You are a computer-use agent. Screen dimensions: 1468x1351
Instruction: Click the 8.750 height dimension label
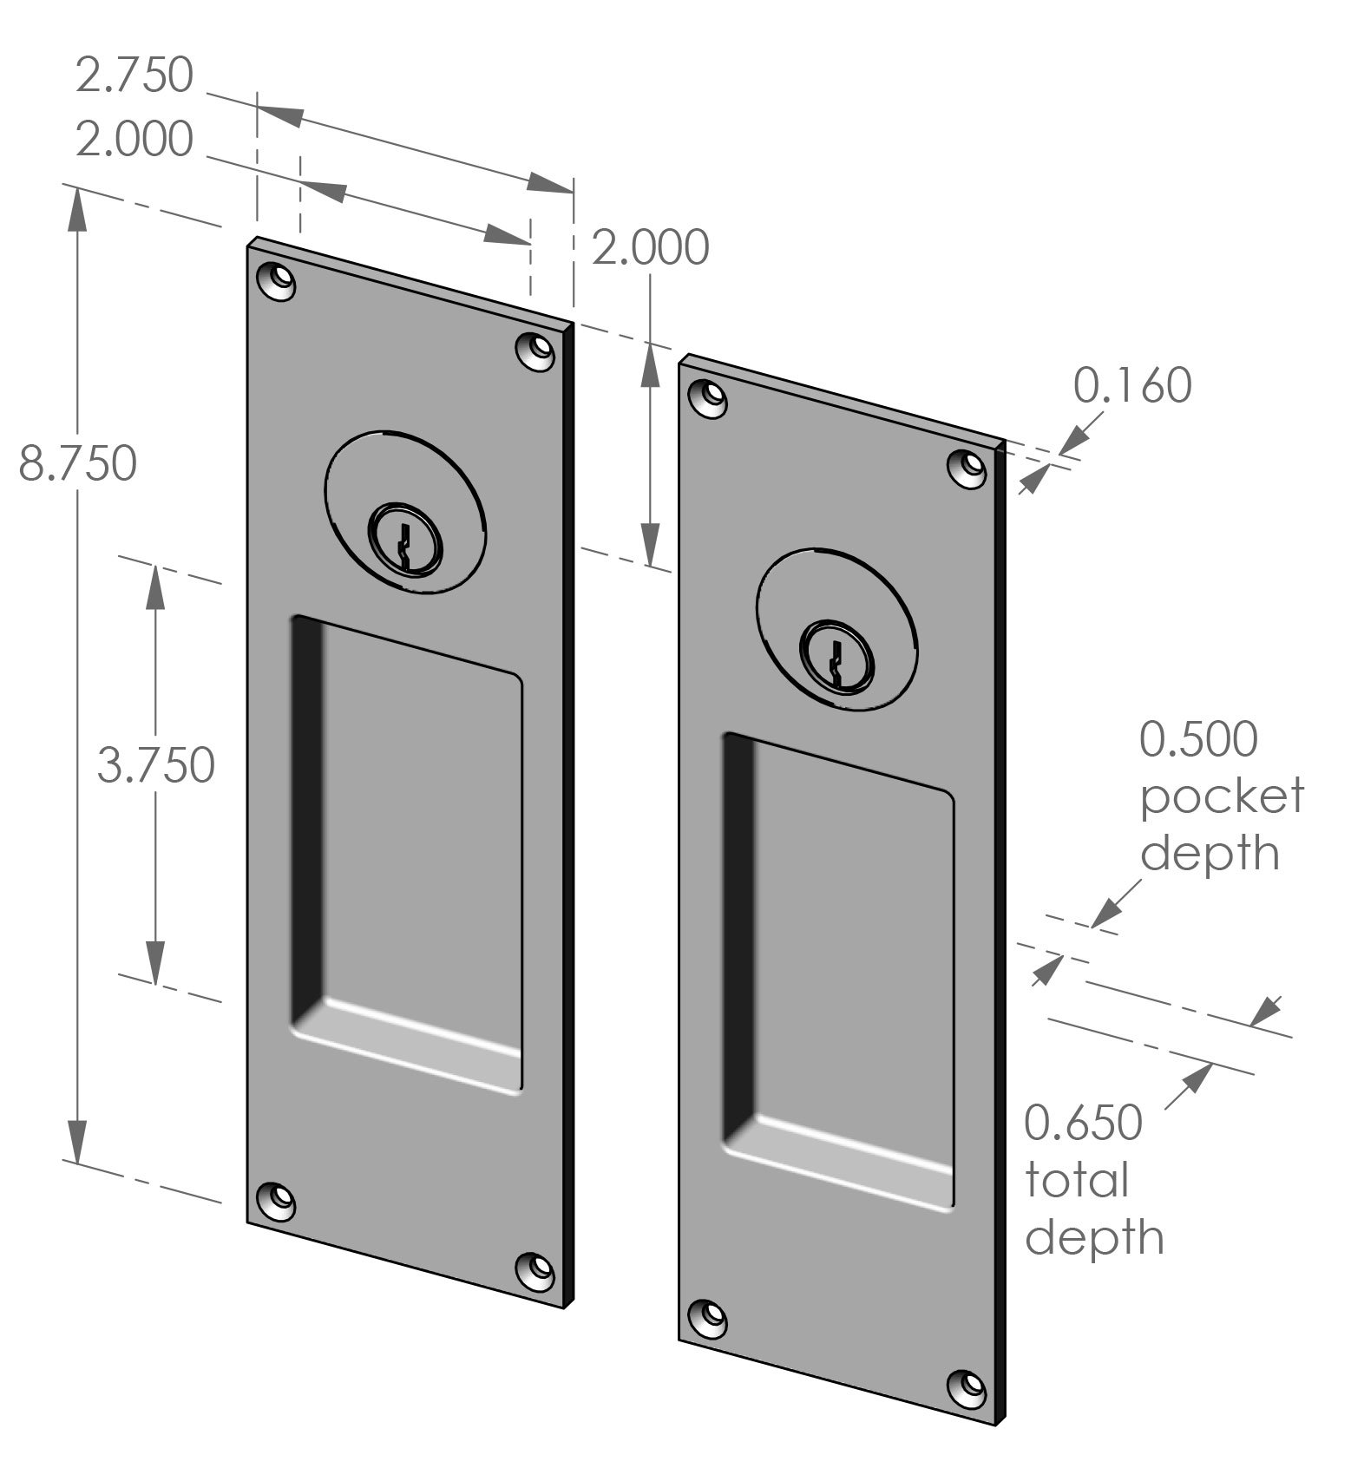click(x=78, y=463)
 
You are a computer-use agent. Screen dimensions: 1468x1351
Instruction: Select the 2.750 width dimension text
click(x=134, y=75)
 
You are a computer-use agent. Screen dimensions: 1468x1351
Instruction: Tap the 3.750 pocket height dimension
click(x=156, y=766)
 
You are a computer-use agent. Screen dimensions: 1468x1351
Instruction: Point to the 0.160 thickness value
click(x=1132, y=386)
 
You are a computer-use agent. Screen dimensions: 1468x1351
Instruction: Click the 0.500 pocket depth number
click(x=1198, y=740)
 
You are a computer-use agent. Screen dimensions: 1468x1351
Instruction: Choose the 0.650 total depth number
click(x=1084, y=1123)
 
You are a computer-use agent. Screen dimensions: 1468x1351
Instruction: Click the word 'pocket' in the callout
click(x=1222, y=796)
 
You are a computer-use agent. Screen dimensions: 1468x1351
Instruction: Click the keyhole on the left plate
click(x=405, y=548)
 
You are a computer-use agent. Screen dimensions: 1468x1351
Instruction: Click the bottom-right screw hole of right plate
click(x=967, y=1386)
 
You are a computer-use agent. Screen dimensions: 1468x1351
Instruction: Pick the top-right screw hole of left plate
click(x=536, y=351)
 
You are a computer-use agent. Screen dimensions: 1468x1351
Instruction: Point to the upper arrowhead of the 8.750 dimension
click(x=78, y=208)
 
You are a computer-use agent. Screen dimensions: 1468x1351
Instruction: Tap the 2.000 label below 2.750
click(x=134, y=140)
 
